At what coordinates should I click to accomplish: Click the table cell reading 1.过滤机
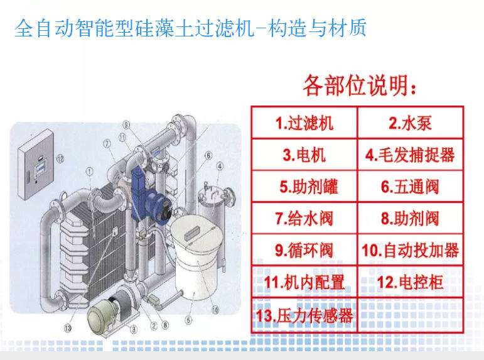pyautogui.click(x=304, y=123)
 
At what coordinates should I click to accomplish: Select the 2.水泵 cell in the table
pyautogui.click(x=410, y=123)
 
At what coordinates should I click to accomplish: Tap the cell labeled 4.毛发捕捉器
pyautogui.click(x=410, y=155)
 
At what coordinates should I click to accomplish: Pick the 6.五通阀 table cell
pyautogui.click(x=410, y=187)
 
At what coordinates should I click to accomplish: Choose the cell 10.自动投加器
pyautogui.click(x=410, y=249)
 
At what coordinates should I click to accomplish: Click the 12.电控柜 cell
pyautogui.click(x=410, y=281)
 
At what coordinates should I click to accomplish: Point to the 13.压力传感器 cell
pyautogui.click(x=304, y=315)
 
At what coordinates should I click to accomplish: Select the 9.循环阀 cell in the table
pyautogui.click(x=304, y=249)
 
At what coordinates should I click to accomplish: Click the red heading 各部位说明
pyautogui.click(x=360, y=85)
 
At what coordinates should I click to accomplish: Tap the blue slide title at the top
pyautogui.click(x=190, y=28)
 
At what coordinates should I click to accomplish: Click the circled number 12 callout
pyautogui.click(x=60, y=159)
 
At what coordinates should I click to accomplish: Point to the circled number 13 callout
pyautogui.click(x=68, y=328)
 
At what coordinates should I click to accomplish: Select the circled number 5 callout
pyautogui.click(x=188, y=320)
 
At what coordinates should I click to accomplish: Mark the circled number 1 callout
pyautogui.click(x=90, y=171)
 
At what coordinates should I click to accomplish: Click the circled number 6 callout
pyautogui.click(x=208, y=155)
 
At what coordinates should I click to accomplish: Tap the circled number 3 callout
pyautogui.click(x=134, y=329)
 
